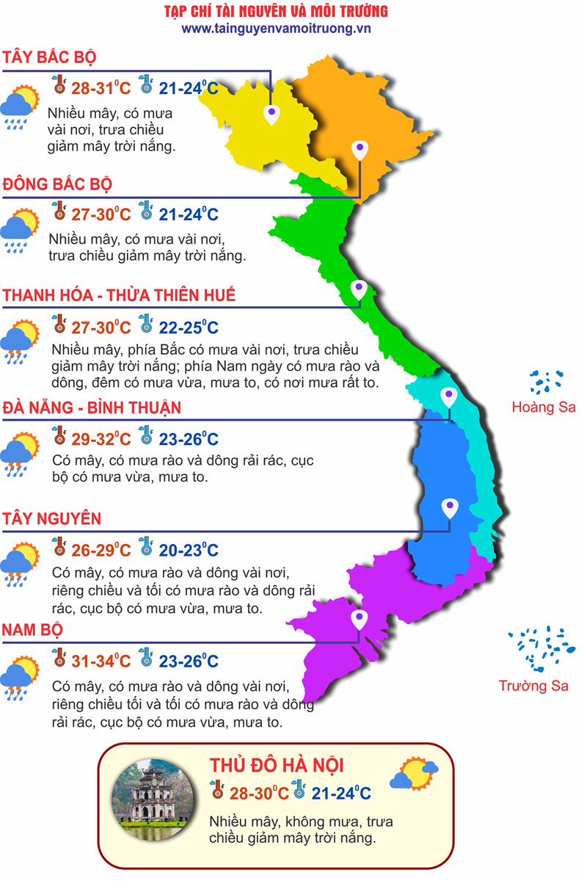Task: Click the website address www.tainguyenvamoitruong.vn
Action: tap(276, 28)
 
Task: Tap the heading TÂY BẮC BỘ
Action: tap(49, 58)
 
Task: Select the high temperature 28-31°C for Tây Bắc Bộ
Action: tap(101, 89)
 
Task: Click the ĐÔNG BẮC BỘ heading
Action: tap(57, 184)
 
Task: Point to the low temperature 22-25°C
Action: tap(189, 327)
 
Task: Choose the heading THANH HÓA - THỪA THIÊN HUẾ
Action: tap(119, 295)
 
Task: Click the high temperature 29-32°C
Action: tap(101, 440)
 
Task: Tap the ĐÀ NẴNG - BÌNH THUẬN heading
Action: tap(92, 407)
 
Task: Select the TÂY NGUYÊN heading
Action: tap(51, 519)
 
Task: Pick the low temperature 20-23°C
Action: tap(189, 551)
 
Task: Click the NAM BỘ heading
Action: tap(32, 630)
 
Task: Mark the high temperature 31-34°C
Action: tap(101, 661)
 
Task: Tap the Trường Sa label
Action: tap(533, 686)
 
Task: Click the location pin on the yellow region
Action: tap(271, 113)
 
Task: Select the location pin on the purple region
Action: tap(359, 619)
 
